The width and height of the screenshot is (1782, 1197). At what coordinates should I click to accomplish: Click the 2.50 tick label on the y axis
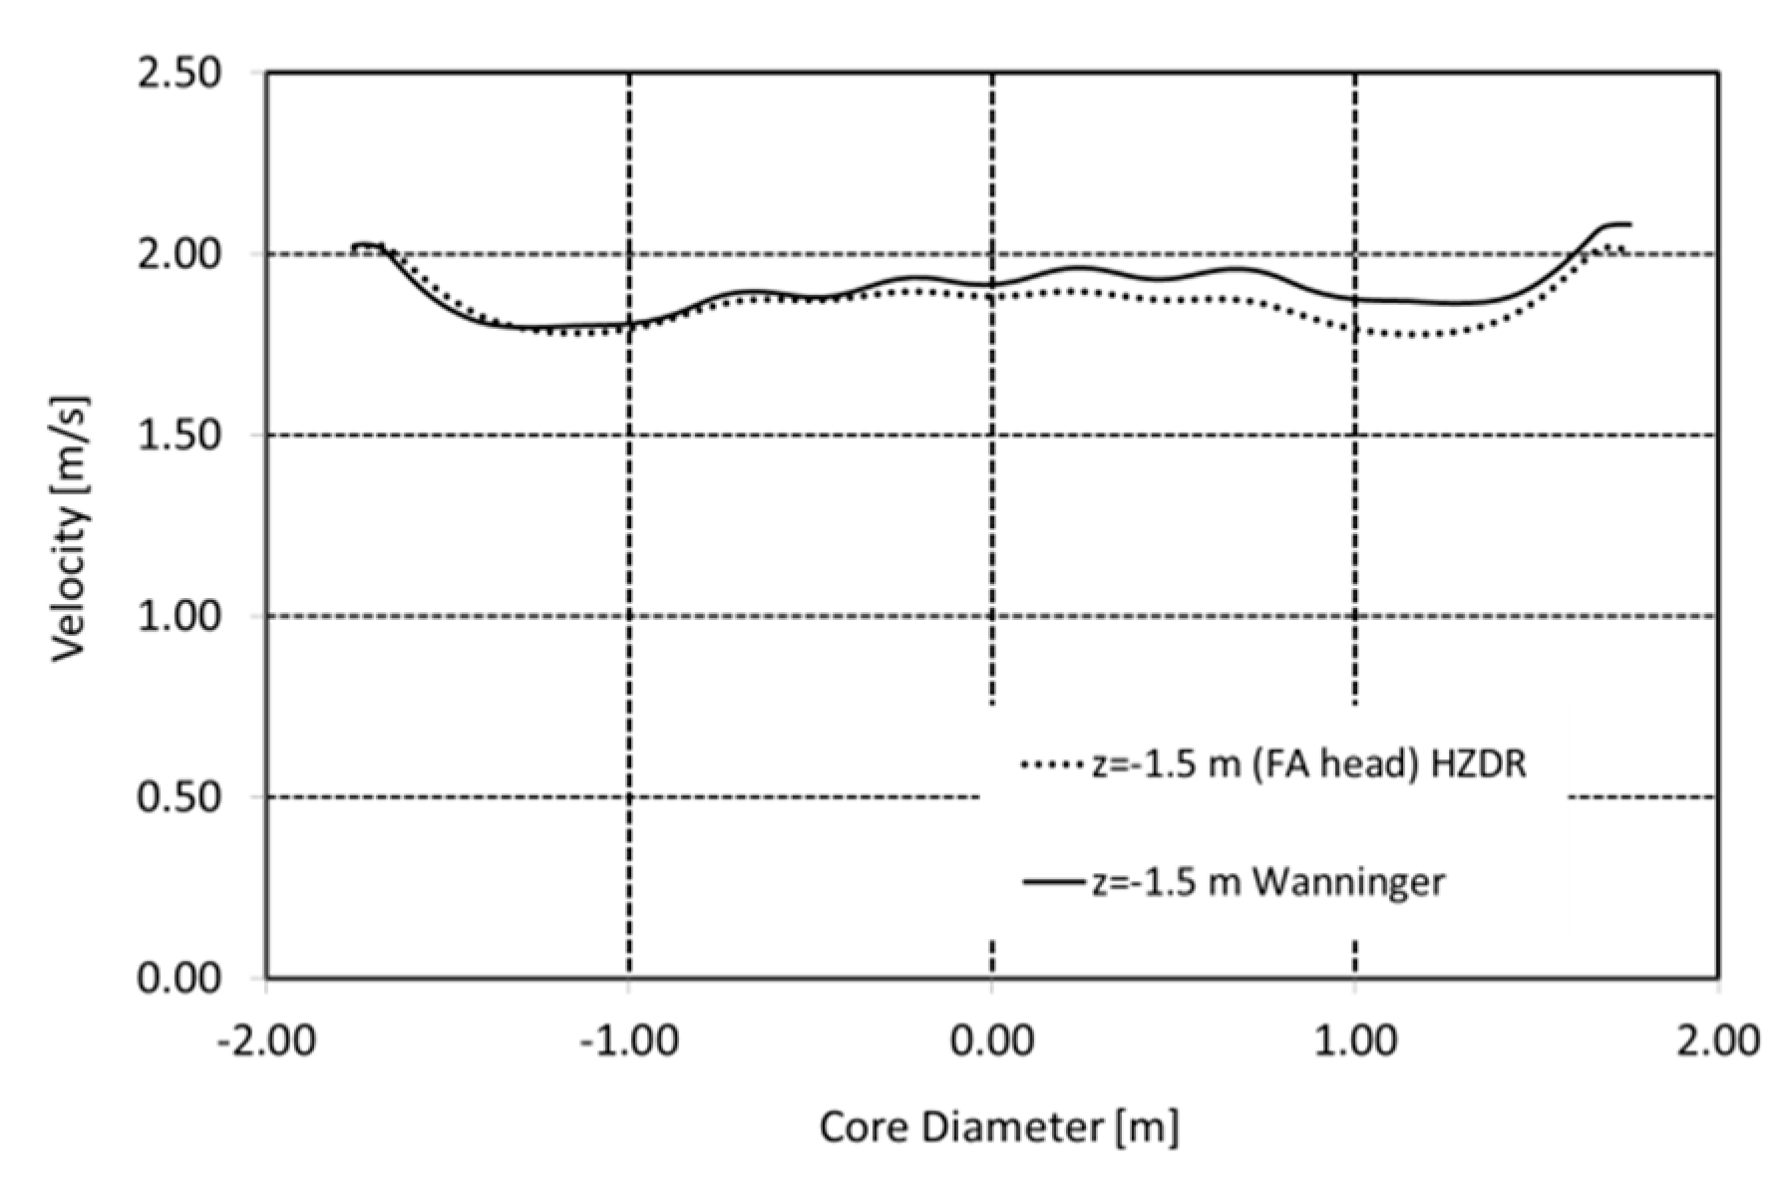pyautogui.click(x=178, y=74)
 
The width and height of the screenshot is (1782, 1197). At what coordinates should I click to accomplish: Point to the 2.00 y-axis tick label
pyautogui.click(x=178, y=254)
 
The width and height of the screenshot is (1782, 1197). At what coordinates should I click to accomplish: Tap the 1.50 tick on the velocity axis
pyautogui.click(x=178, y=436)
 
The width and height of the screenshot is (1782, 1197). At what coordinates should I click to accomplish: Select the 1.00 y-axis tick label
pyautogui.click(x=178, y=616)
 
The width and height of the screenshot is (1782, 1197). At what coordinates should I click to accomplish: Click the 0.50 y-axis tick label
pyautogui.click(x=178, y=797)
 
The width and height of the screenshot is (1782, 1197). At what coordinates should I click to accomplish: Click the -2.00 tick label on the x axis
pyautogui.click(x=265, y=1041)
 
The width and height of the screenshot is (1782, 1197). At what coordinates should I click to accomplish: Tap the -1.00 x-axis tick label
pyautogui.click(x=628, y=1041)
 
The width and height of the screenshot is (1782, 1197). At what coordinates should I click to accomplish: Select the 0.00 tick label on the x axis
pyautogui.click(x=991, y=1041)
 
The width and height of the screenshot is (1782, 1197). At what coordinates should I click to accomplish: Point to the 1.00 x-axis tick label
pyautogui.click(x=1354, y=1041)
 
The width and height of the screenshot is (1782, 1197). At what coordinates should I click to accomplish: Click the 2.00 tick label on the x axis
pyautogui.click(x=1717, y=1041)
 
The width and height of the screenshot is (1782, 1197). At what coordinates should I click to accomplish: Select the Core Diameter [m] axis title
pyautogui.click(x=998, y=1128)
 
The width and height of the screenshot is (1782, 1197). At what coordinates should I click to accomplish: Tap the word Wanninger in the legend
pyautogui.click(x=1347, y=882)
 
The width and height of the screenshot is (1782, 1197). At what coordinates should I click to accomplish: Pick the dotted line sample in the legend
pyautogui.click(x=1052, y=765)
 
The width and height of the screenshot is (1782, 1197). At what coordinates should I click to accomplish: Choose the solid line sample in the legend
pyautogui.click(x=1052, y=882)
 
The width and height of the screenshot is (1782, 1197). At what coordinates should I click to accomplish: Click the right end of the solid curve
pyautogui.click(x=1629, y=224)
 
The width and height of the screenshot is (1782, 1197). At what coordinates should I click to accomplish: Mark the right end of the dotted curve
pyautogui.click(x=1625, y=249)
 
